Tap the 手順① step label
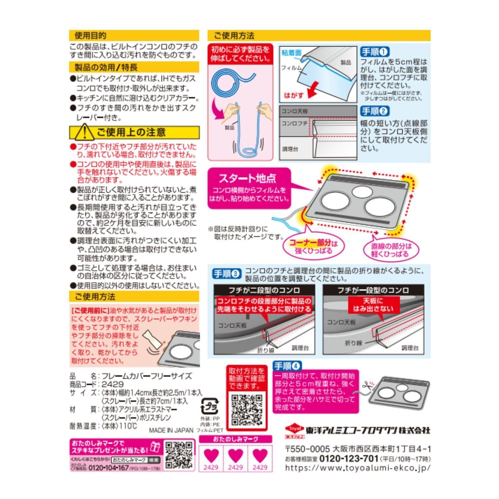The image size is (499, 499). [x=375, y=52]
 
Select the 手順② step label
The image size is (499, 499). [x=375, y=111]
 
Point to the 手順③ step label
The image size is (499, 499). [x=226, y=274]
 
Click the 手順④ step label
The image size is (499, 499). [x=286, y=366]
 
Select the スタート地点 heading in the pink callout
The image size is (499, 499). [x=247, y=179]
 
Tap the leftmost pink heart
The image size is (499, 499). [x=211, y=455]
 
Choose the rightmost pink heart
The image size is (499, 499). [x=260, y=455]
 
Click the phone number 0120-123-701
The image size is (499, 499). [x=349, y=458]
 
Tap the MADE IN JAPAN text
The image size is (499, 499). [x=171, y=430]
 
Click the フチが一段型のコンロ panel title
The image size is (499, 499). [x=373, y=290]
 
